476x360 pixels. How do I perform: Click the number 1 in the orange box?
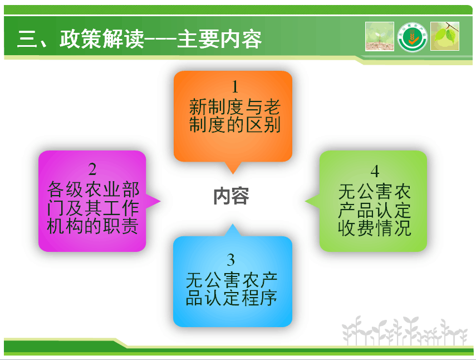pyautogui.click(x=235, y=87)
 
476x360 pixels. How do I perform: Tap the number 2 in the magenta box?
pyautogui.click(x=92, y=169)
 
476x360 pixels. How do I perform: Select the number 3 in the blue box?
pyautogui.click(x=230, y=260)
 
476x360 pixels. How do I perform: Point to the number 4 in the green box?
pyautogui.click(x=375, y=171)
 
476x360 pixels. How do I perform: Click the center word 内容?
pyautogui.click(x=232, y=196)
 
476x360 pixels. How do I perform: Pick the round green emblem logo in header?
pyautogui.click(x=412, y=37)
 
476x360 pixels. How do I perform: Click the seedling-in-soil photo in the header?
pyautogui.click(x=380, y=36)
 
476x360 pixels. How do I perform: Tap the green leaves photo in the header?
pyautogui.click(x=445, y=36)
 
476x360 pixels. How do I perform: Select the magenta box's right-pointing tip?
pyautogui.click(x=160, y=201)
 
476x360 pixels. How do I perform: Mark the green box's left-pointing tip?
pyautogui.click(x=305, y=201)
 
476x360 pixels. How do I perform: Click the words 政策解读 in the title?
pyautogui.click(x=102, y=39)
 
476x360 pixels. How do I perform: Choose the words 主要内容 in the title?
pyautogui.click(x=219, y=39)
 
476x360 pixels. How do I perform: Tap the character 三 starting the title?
pyautogui.click(x=27, y=39)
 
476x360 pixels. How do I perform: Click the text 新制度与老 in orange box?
pyautogui.click(x=235, y=106)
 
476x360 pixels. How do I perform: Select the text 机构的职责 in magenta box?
pyautogui.click(x=92, y=226)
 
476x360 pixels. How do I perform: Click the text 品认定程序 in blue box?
pyautogui.click(x=232, y=298)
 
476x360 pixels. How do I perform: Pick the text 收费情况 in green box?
pyautogui.click(x=375, y=228)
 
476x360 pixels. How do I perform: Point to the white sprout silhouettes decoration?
pyautogui.click(x=405, y=331)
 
